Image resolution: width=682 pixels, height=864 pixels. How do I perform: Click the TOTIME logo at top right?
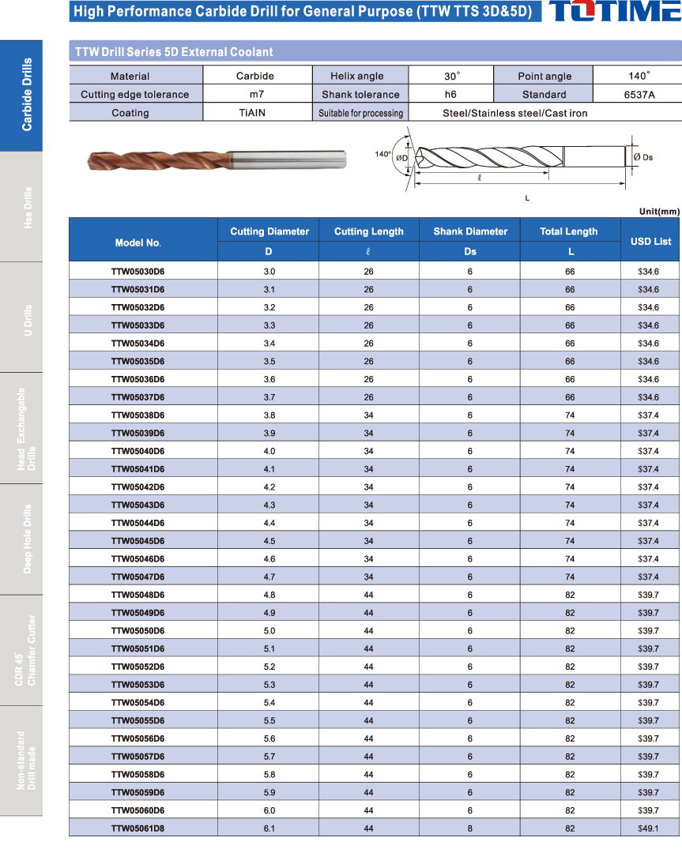pos(614,11)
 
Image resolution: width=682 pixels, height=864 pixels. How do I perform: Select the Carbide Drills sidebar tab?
pos(21,95)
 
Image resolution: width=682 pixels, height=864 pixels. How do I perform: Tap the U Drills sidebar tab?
pos(21,317)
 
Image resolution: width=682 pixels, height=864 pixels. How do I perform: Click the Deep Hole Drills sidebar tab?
pos(21,539)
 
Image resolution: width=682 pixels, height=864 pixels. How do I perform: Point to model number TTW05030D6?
pos(138,271)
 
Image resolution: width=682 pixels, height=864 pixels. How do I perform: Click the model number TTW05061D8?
pos(138,828)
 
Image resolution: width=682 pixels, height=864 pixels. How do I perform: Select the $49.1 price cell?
pos(648,828)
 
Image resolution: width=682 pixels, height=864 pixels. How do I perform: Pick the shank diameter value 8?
pos(469,828)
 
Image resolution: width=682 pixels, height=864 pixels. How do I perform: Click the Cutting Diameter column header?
pos(269,231)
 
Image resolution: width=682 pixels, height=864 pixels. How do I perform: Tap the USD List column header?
pos(650,241)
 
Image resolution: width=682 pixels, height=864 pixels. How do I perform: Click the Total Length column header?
pos(569,231)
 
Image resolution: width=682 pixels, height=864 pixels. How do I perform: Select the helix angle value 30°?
pos(451,76)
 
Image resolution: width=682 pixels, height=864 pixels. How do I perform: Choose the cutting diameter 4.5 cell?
pos(269,541)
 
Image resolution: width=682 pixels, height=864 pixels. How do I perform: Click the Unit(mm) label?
pos(659,211)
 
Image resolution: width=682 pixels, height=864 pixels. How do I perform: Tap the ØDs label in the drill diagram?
pos(642,157)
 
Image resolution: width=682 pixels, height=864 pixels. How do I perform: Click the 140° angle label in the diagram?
pos(383,154)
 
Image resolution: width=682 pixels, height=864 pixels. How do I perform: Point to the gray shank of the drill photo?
pos(292,160)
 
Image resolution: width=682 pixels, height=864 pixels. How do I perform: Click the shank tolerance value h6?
pos(451,94)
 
